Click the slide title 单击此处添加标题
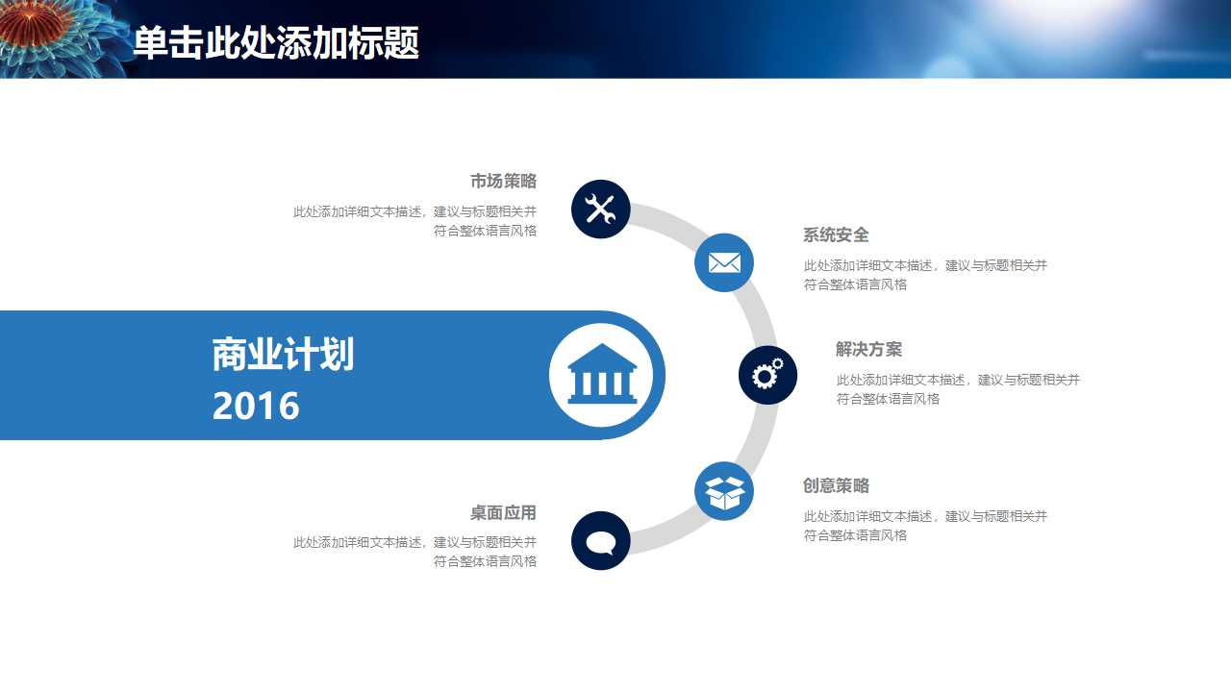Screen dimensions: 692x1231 (276, 42)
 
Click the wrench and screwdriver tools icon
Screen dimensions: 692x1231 (601, 209)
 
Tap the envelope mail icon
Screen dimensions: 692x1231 (724, 262)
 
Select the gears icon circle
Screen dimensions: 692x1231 (767, 375)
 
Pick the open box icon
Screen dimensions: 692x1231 (724, 492)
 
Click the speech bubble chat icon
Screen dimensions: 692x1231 (601, 541)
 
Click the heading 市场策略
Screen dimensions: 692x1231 (503, 182)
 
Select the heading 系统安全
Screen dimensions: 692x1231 (836, 235)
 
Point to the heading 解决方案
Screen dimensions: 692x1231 (868, 350)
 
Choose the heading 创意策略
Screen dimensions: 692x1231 (836, 486)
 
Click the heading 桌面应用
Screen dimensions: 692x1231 (503, 513)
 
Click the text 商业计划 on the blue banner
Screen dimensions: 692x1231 (283, 355)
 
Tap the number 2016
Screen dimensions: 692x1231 (256, 407)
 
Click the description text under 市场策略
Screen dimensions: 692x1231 (415, 221)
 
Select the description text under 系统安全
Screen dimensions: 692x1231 (925, 275)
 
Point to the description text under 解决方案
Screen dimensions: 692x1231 (958, 389)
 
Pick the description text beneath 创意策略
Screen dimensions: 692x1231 (925, 526)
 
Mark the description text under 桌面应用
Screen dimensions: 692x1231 (415, 552)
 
